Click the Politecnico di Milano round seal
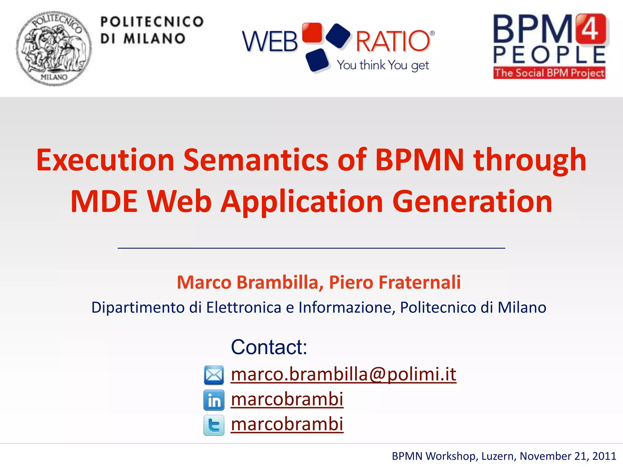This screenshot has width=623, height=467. click(x=54, y=49)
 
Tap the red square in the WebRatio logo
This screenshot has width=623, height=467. click(x=312, y=33)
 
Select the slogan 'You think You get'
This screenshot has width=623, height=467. click(x=383, y=65)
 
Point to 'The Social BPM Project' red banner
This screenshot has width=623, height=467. click(x=549, y=73)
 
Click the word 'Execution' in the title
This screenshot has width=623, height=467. click(x=105, y=160)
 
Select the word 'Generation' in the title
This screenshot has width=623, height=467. click(x=472, y=201)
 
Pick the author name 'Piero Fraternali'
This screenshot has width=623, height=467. click(x=395, y=282)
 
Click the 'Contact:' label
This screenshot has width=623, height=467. click(x=269, y=347)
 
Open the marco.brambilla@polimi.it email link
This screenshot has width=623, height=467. click(x=343, y=374)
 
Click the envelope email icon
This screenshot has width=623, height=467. click(x=214, y=375)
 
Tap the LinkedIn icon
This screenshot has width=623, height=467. click(x=214, y=400)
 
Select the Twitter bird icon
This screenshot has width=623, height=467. click(x=214, y=425)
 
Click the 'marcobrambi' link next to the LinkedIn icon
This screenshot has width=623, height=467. click(x=287, y=399)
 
